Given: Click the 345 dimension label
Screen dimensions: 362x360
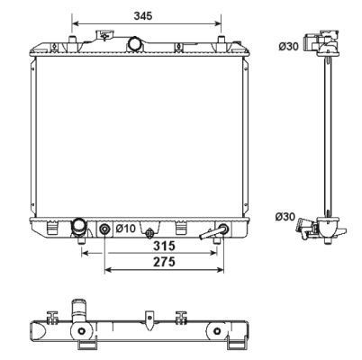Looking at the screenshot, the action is coord(143,15).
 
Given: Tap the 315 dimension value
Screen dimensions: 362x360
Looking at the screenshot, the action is coord(164,246).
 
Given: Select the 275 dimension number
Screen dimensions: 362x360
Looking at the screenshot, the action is coord(164,262).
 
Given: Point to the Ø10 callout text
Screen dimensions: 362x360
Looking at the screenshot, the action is coord(126,229).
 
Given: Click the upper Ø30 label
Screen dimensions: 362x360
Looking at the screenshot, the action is coord(288,47).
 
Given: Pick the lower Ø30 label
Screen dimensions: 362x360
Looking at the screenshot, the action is coord(285,217).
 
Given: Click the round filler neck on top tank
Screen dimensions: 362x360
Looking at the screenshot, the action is coord(135,44).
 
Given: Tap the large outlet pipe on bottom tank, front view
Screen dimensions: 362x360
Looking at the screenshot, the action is coord(78,228).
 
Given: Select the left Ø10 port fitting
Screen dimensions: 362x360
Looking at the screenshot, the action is coord(104,229).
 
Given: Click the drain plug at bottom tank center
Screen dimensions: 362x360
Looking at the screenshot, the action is coord(149,233).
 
